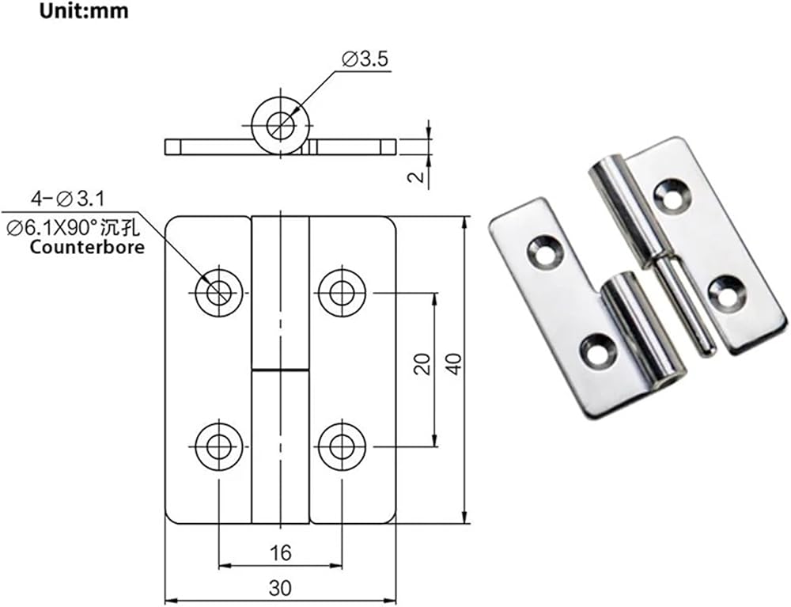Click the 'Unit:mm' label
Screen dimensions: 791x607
(85, 11)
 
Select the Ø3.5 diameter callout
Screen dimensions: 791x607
(365, 59)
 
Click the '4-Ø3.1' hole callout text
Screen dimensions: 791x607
(68, 199)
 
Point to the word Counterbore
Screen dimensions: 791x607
(87, 247)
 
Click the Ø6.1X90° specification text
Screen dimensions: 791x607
(73, 229)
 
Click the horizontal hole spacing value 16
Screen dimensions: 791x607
(280, 552)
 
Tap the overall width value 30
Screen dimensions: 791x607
(280, 588)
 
